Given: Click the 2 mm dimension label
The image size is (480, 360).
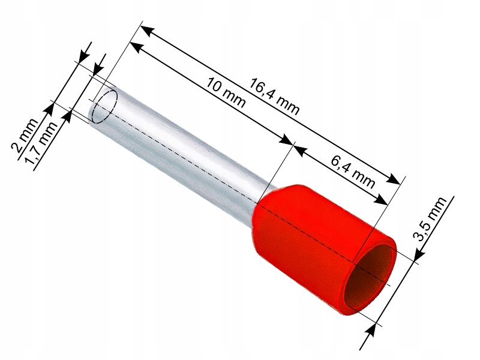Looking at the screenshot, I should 25,138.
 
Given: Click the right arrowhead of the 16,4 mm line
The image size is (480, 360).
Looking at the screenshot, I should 394,179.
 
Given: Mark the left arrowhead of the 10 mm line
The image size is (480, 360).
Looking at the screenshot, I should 136,47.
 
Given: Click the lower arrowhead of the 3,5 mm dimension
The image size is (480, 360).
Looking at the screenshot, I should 373,327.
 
